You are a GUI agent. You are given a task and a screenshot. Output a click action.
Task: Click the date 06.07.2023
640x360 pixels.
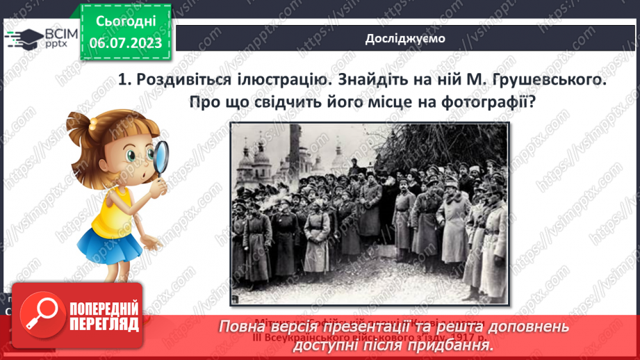pos(126,42)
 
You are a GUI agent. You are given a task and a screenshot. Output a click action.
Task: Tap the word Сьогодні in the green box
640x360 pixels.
pos(126,22)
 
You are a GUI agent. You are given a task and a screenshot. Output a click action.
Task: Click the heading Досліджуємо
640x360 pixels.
pos(405,38)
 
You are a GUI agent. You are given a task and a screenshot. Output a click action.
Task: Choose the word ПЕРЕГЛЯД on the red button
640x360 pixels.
pos(104,325)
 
